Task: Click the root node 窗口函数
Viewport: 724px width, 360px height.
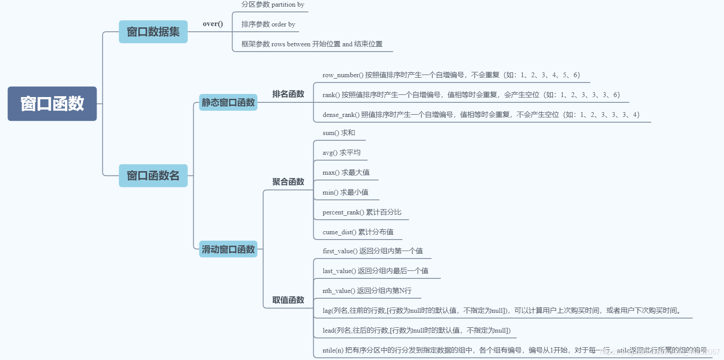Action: [x=52, y=104]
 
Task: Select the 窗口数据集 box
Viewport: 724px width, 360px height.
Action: [x=153, y=32]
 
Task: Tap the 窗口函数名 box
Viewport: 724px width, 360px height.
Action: [x=153, y=176]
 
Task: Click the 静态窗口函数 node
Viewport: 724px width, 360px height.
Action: [x=228, y=102]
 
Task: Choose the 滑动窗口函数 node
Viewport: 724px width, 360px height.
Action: [x=228, y=249]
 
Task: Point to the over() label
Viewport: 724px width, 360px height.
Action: [x=213, y=24]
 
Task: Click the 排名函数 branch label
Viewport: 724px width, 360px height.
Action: [x=288, y=94]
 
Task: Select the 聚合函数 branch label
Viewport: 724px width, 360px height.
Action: [x=288, y=182]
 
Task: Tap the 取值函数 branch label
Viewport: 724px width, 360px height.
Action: [x=288, y=300]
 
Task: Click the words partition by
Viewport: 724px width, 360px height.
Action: [x=288, y=4]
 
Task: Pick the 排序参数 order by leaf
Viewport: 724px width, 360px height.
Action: [x=268, y=24]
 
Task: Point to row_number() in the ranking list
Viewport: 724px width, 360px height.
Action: [x=343, y=75]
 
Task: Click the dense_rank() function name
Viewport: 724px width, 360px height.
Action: [x=341, y=115]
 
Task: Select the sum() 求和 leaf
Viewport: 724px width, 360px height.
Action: [x=339, y=133]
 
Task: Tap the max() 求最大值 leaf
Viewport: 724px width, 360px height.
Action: [x=346, y=172]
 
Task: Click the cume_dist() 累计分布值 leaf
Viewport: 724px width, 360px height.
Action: [x=358, y=232]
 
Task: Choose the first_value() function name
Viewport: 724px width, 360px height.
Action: [x=340, y=251]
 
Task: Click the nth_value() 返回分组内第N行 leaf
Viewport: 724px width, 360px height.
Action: [x=367, y=291]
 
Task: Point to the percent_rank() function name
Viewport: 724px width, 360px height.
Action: [x=343, y=212]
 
